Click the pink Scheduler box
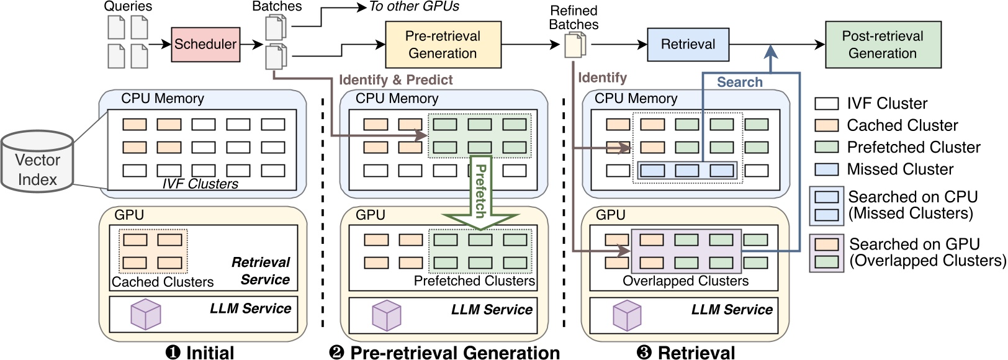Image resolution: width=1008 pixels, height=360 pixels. (x=205, y=44)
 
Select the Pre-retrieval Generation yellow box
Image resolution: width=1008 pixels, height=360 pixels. (x=443, y=45)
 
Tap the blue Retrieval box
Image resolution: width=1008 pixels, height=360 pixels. (x=688, y=44)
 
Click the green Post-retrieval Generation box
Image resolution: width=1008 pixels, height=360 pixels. (x=883, y=45)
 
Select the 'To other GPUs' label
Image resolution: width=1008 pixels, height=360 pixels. (x=414, y=7)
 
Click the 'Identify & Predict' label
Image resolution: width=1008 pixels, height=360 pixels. (x=396, y=79)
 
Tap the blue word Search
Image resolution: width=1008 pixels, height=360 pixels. (x=739, y=82)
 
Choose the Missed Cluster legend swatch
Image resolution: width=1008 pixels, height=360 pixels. (x=826, y=169)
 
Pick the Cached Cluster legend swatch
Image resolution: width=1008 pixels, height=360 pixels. (x=826, y=125)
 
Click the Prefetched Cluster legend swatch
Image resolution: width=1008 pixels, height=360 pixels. (x=826, y=147)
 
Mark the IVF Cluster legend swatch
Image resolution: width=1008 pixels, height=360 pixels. (x=826, y=104)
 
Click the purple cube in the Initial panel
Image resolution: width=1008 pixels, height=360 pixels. (x=146, y=314)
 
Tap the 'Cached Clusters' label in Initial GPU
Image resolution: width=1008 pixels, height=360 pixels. (x=163, y=282)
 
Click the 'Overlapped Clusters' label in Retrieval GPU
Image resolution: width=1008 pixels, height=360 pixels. (x=685, y=281)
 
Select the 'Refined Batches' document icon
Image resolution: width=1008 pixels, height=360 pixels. (x=575, y=45)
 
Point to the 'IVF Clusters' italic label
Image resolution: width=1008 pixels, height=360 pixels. (x=200, y=184)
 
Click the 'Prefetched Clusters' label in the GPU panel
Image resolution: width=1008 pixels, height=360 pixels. (x=474, y=281)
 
